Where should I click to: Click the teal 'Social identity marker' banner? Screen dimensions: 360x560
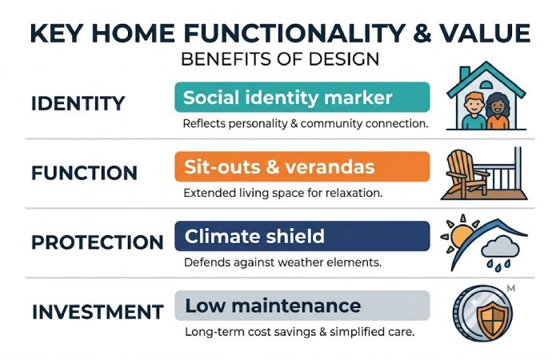point(302,98)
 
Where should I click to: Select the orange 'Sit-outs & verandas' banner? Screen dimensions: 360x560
point(302,166)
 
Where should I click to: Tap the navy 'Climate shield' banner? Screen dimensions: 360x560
point(302,236)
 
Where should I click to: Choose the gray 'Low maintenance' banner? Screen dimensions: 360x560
point(302,305)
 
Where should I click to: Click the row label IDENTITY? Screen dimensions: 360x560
point(78,104)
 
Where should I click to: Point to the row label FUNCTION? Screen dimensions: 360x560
point(84,173)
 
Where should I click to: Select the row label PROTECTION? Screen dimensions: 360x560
point(96,242)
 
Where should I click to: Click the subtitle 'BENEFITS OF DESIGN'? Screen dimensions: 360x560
point(280,60)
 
